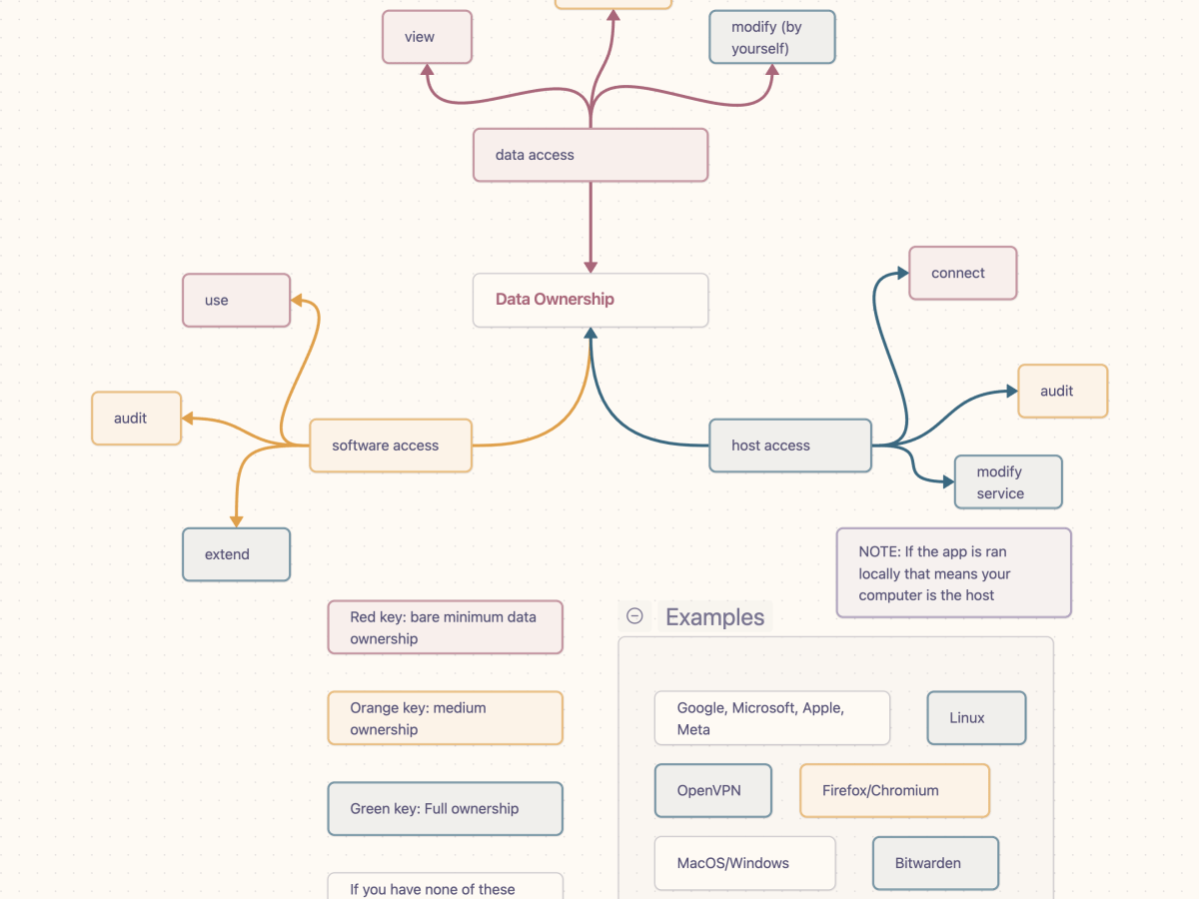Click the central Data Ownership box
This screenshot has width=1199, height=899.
(x=591, y=300)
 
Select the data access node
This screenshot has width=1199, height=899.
(x=591, y=155)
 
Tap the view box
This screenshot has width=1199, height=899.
(x=427, y=37)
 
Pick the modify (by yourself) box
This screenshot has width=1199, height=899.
(x=771, y=37)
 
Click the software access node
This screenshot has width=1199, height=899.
(x=390, y=446)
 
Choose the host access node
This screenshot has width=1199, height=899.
(x=789, y=446)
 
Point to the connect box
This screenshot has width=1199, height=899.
(x=962, y=273)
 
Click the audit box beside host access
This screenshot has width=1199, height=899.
(x=1062, y=391)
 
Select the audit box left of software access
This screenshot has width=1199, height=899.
(x=136, y=418)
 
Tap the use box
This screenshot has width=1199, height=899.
(x=236, y=300)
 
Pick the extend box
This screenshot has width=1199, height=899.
(x=236, y=554)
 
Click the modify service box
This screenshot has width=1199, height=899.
(x=1007, y=482)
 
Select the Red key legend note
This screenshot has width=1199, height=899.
(x=445, y=627)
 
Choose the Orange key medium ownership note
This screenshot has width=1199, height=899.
(x=445, y=718)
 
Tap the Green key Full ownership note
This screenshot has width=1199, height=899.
(x=445, y=808)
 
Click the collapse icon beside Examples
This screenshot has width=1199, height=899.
(x=634, y=616)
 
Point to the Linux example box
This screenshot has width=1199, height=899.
(x=976, y=717)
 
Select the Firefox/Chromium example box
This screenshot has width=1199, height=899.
(x=894, y=790)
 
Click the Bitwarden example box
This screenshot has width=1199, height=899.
(x=935, y=863)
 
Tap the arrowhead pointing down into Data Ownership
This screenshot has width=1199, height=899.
(x=591, y=266)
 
